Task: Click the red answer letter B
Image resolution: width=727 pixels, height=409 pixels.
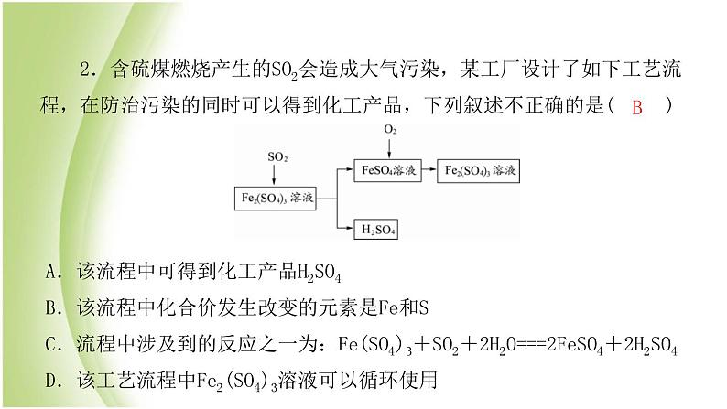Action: point(637,107)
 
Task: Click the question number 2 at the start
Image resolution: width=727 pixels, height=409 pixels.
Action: point(86,70)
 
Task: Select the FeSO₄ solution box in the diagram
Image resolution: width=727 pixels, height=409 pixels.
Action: point(387,170)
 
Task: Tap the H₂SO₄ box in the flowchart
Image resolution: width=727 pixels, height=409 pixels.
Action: point(376,229)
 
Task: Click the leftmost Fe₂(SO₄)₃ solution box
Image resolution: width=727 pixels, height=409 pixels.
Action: point(276,199)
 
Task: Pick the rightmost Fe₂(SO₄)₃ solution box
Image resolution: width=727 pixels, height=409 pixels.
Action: point(479,171)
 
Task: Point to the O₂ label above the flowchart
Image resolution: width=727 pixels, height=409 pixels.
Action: point(390,130)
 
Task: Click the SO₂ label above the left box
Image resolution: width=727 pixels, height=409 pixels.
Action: point(277,157)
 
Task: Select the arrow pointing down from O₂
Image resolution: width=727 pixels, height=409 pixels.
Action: point(389,147)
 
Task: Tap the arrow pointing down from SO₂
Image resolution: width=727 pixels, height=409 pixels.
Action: point(274,175)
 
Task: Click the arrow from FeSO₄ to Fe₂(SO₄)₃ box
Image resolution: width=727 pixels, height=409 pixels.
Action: point(429,169)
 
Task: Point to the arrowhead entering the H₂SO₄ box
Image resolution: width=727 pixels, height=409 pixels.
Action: point(350,228)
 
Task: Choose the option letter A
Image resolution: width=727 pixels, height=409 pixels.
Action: point(51,272)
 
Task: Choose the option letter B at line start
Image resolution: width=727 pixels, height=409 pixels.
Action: point(51,308)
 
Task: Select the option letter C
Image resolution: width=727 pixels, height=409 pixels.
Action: point(51,345)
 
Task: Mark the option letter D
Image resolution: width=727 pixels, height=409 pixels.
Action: point(51,381)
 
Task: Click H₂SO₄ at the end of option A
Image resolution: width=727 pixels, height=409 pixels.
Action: point(319,274)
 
